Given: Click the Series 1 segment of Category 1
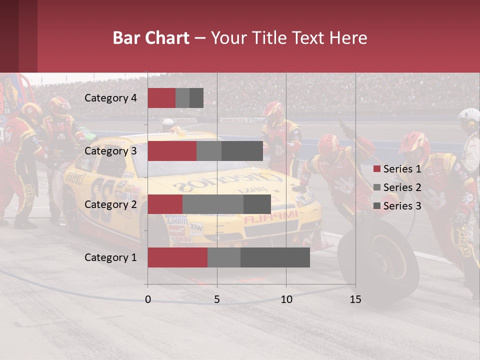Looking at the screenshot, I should (177, 257).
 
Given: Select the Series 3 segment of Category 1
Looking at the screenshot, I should (275, 257).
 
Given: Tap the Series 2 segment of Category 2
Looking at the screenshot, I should (213, 204).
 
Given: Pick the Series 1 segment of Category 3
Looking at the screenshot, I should (172, 151).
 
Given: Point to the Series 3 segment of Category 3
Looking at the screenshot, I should (242, 151).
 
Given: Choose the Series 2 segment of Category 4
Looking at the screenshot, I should (182, 98).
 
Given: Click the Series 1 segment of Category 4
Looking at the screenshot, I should (161, 98).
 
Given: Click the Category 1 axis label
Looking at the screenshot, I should (110, 257).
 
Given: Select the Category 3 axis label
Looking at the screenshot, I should (110, 151).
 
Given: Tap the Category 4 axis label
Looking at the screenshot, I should (110, 98).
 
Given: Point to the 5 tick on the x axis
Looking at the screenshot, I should (217, 299).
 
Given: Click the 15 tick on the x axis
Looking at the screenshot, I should (355, 299).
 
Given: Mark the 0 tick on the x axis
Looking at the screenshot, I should (148, 299).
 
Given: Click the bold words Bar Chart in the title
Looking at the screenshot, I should (151, 38).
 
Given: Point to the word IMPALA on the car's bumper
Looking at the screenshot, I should (270, 217).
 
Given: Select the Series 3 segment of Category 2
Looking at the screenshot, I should (257, 204).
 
